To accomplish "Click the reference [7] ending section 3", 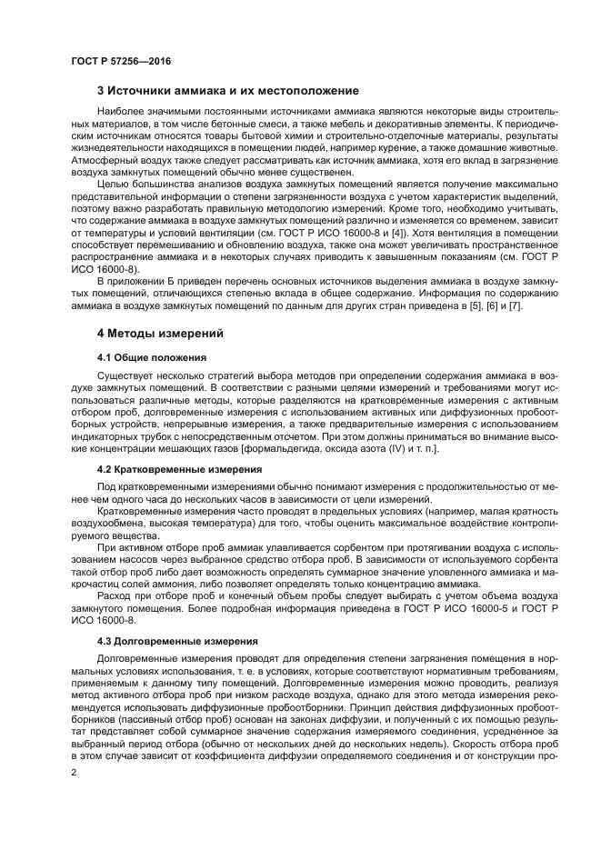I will pos(515,305).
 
